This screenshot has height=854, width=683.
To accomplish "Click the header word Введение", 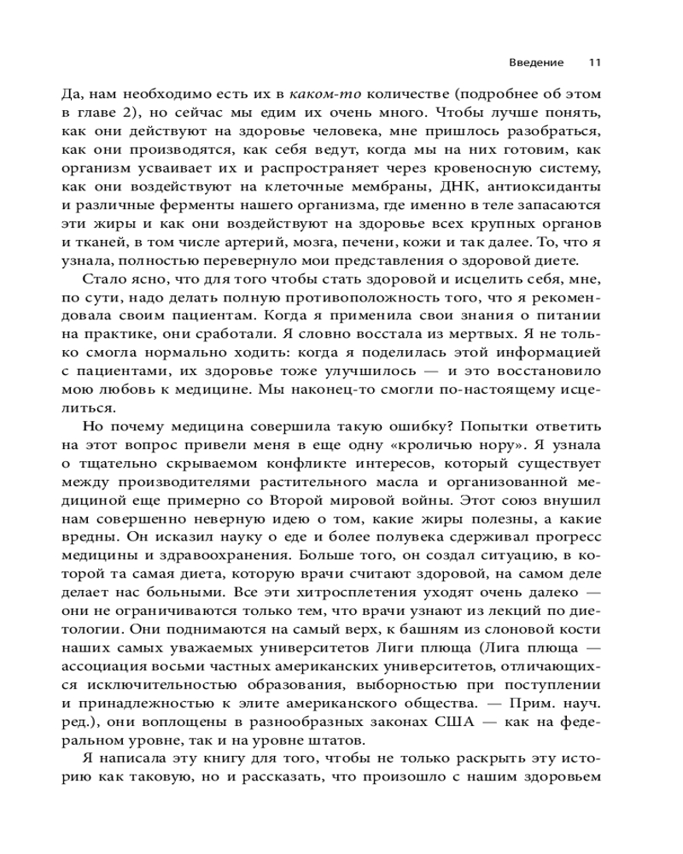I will [x=536, y=62].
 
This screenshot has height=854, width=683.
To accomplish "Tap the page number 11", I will [x=595, y=62].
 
